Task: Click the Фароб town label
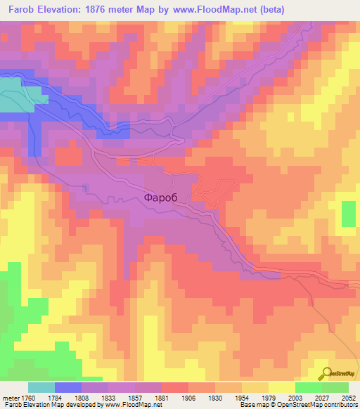coord(167,197)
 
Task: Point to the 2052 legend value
coord(348,397)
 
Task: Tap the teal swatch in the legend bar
coord(41,387)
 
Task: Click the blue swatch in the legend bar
coord(68,387)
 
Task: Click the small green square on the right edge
coord(348,214)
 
